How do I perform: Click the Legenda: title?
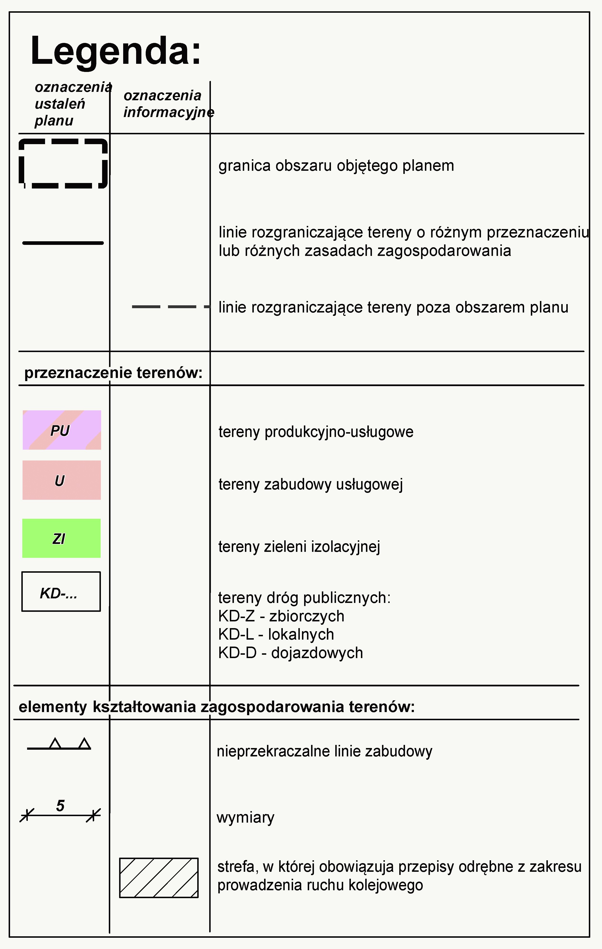pyautogui.click(x=115, y=51)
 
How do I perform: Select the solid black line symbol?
pyautogui.click(x=63, y=243)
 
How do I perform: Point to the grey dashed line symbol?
pyautogui.click(x=170, y=306)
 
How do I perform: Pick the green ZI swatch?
pyautogui.click(x=61, y=538)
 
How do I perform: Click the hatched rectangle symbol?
pyautogui.click(x=159, y=878)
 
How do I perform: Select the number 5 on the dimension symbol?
pyautogui.click(x=60, y=806)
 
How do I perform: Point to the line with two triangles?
pyautogui.click(x=59, y=745)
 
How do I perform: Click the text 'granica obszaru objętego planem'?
pyautogui.click(x=336, y=165)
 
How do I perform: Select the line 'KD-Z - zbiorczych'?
pyautogui.click(x=281, y=616)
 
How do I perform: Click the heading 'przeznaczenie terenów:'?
pyautogui.click(x=113, y=372)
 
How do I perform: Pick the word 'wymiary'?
pyautogui.click(x=245, y=817)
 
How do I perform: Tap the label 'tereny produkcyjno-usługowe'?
pyautogui.click(x=316, y=432)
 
